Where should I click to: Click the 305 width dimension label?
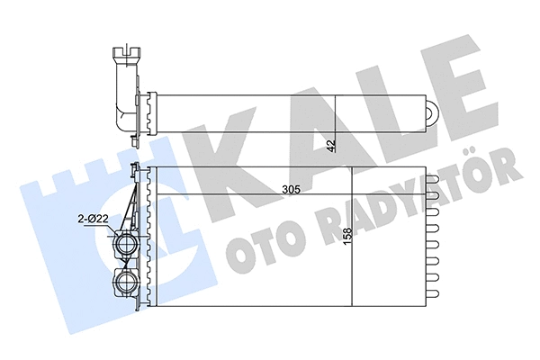pyautogui.click(x=292, y=189)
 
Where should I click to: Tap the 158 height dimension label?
pyautogui.click(x=347, y=236)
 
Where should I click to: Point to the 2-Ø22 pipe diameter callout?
pyautogui.click(x=93, y=219)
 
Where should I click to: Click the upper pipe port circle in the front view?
pyautogui.click(x=126, y=243)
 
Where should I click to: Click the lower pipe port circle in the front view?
pyautogui.click(x=126, y=281)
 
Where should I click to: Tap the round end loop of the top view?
pyautogui.click(x=432, y=112)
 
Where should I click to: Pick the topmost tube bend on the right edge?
pyautogui.click(x=433, y=180)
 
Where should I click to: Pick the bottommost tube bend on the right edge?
pyautogui.click(x=433, y=293)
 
